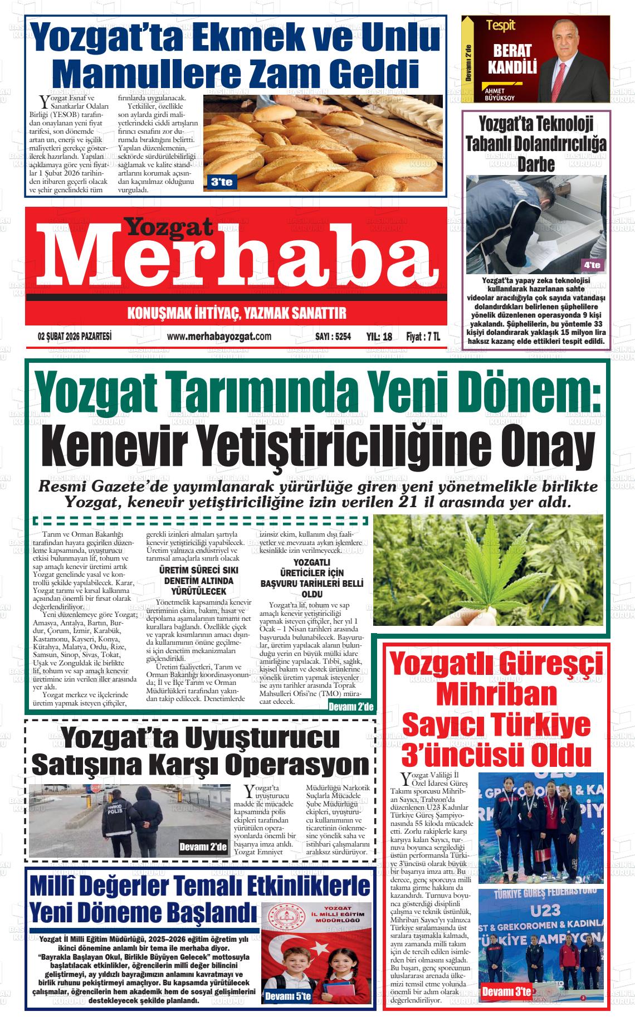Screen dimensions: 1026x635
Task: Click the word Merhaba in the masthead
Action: point(237,259)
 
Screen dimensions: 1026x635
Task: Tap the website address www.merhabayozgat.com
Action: point(219,336)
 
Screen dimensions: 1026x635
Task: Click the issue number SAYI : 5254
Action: point(333,337)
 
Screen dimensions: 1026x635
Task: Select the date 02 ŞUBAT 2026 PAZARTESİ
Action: point(75,337)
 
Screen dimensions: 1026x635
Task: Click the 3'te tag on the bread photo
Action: point(222,182)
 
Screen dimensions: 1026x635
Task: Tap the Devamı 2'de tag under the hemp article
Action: point(350,707)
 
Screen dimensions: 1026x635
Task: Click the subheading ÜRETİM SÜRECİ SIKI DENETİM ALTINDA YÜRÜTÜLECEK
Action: point(198,581)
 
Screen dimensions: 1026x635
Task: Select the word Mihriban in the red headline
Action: point(496,694)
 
